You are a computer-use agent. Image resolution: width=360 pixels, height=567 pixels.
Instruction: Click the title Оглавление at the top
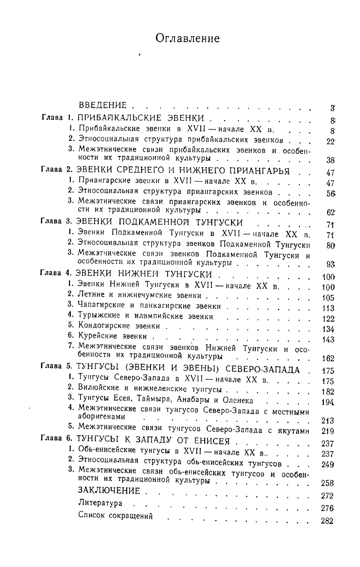point(188,38)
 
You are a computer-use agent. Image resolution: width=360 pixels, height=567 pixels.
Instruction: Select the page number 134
point(327,328)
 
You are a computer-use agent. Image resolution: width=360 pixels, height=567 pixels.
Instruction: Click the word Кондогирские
point(103,325)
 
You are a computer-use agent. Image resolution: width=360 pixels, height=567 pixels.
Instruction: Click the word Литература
point(100,503)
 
